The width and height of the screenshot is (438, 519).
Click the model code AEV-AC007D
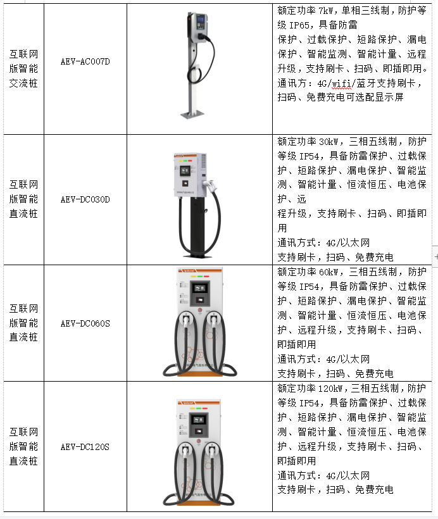coord(85,61)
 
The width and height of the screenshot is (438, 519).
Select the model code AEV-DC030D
coord(85,199)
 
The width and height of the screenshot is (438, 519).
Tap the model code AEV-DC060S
coord(85,323)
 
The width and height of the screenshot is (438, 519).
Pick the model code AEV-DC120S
coord(85,447)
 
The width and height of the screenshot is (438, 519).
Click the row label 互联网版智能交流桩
coord(23,68)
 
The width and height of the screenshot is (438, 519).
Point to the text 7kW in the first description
coord(326,11)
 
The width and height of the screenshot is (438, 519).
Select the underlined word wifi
coord(341,84)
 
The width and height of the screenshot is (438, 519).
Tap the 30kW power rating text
coord(328,142)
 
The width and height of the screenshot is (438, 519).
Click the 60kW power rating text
coord(328,272)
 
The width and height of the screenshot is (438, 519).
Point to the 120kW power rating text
coord(330,389)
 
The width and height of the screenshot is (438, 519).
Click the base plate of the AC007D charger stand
coord(192,115)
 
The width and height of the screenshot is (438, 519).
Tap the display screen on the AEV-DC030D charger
coord(185,171)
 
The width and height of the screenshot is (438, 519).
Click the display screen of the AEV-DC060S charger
coord(199,288)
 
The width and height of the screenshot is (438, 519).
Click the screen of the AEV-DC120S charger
coord(198,420)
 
